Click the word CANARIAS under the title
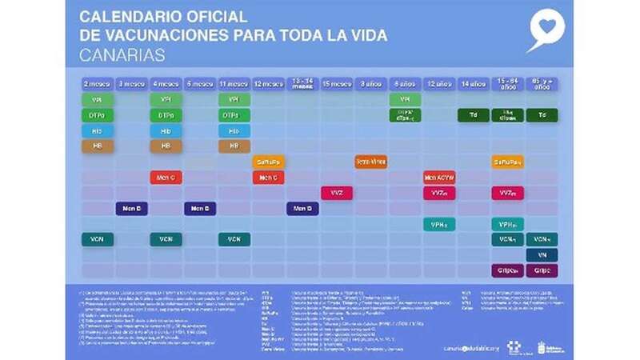coord(122,55)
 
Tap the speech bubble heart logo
coord(546,30)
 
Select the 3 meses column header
coord(131,83)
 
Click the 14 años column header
coord(474,83)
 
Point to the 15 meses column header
coord(337,83)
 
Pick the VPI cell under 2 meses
coord(97,100)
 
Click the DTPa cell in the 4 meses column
coord(166,115)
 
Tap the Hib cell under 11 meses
coord(234,130)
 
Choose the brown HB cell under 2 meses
coord(97,146)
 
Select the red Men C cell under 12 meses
coord(268,177)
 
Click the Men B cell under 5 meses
coord(200,208)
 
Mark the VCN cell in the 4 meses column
coord(166,239)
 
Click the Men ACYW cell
coord(439,177)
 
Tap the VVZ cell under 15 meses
coord(337,193)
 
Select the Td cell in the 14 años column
coord(474,115)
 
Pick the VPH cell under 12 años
coord(439,224)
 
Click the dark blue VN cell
coord(542,254)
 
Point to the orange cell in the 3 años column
coord(371,162)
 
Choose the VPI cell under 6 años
coord(405,100)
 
